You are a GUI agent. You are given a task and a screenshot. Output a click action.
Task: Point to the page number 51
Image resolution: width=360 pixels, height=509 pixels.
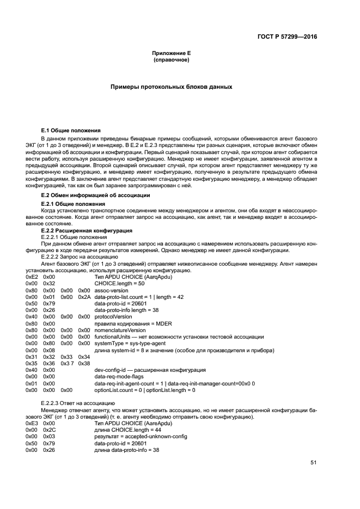pos(313,463)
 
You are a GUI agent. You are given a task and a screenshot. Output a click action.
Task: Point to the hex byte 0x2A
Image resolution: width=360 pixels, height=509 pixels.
pos(84,297)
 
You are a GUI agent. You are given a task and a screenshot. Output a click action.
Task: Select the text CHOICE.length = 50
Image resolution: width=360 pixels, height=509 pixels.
pos(118,284)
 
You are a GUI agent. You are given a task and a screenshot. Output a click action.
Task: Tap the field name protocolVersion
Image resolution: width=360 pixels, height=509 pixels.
pos(113,316)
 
